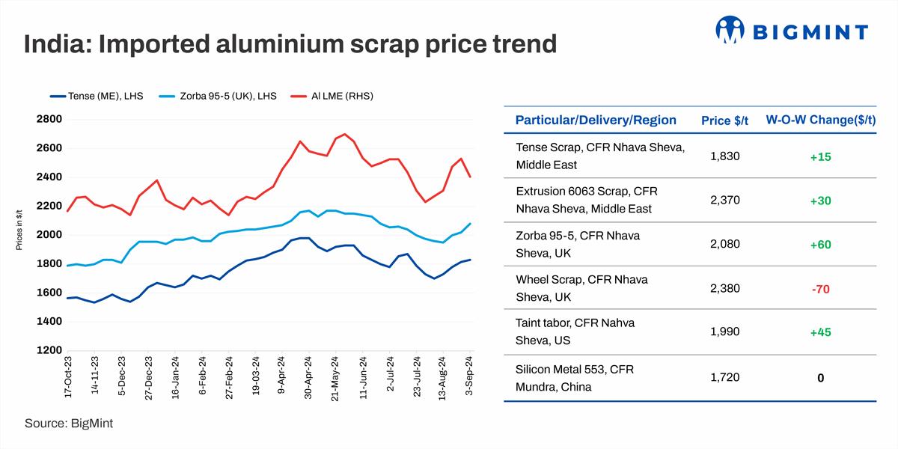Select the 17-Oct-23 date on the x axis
click(67, 377)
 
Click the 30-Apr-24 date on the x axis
click(308, 377)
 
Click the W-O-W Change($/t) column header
click(820, 120)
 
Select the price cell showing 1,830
click(725, 156)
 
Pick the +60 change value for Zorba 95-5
click(820, 245)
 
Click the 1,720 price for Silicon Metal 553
click(725, 378)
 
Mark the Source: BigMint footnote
click(69, 424)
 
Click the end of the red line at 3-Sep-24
click(470, 177)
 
